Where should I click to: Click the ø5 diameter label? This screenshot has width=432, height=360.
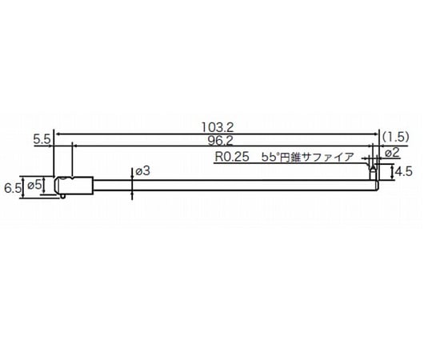(x=34, y=186)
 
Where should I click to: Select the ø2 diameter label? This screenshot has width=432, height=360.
(x=393, y=152)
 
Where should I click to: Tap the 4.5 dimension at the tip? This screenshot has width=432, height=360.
(x=402, y=171)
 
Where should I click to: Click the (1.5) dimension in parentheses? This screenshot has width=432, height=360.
(x=396, y=137)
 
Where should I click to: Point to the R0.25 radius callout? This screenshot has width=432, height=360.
(x=230, y=158)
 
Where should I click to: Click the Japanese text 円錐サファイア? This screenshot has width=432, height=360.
(x=320, y=158)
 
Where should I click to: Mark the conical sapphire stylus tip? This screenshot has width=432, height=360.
(x=372, y=170)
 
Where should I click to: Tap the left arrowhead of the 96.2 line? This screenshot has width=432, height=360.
(x=75, y=145)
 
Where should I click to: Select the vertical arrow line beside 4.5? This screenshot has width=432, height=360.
(x=390, y=171)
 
